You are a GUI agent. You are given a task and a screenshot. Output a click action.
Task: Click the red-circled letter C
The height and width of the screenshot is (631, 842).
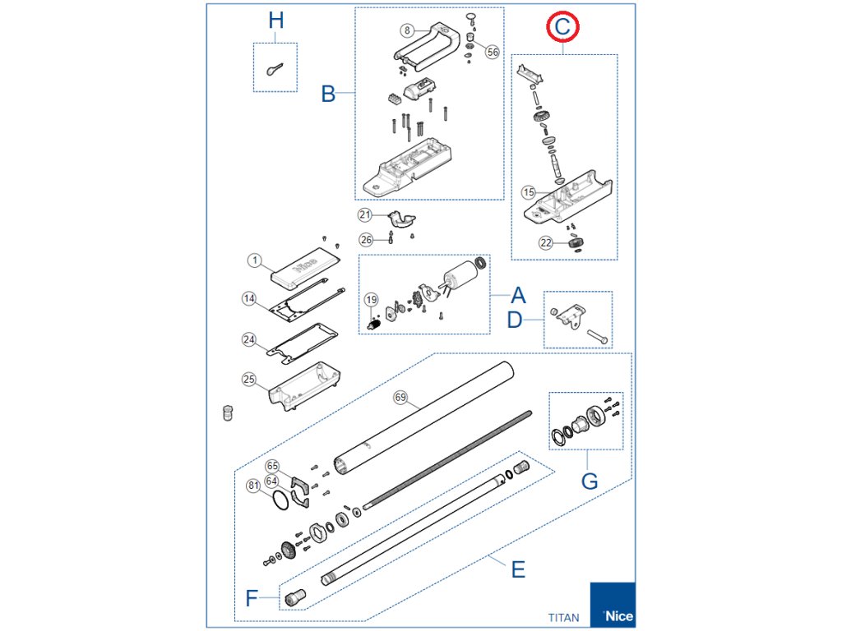tap(562, 27)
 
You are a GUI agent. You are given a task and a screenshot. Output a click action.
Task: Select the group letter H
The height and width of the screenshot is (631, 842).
tap(276, 21)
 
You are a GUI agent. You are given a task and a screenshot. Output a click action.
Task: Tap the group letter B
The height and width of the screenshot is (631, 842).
tap(328, 94)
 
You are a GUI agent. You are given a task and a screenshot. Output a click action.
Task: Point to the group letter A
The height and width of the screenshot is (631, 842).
tap(518, 296)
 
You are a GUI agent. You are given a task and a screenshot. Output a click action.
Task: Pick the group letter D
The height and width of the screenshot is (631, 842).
tap(515, 320)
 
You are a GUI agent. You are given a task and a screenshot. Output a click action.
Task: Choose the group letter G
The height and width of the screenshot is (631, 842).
tap(590, 481)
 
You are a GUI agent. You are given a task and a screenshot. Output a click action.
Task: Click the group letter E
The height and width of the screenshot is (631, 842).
tap(518, 569)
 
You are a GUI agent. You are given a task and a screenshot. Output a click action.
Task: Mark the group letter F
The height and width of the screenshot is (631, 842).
tap(252, 597)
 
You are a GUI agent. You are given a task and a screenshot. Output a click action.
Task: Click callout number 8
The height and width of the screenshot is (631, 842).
tap(407, 30)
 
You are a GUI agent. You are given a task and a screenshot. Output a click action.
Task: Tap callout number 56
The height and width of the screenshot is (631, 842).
tap(493, 52)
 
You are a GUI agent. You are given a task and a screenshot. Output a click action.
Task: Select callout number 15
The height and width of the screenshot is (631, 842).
tap(529, 192)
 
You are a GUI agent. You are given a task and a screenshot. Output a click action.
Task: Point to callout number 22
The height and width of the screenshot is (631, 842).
tap(546, 242)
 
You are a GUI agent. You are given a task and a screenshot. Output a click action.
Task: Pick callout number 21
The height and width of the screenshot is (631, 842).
tap(365, 215)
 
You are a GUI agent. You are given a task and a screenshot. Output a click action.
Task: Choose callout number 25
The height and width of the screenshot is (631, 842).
tap(249, 380)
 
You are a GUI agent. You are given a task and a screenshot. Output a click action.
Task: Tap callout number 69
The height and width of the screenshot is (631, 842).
tap(400, 398)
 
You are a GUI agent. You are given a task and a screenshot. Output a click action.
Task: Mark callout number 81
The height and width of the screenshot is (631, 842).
tap(254, 486)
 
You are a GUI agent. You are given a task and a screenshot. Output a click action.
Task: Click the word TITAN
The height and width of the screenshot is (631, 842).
tap(564, 617)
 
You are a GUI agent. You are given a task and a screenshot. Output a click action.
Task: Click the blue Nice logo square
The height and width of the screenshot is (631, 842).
tap(613, 605)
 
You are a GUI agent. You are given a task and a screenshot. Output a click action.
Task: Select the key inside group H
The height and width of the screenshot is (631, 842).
tap(275, 70)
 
